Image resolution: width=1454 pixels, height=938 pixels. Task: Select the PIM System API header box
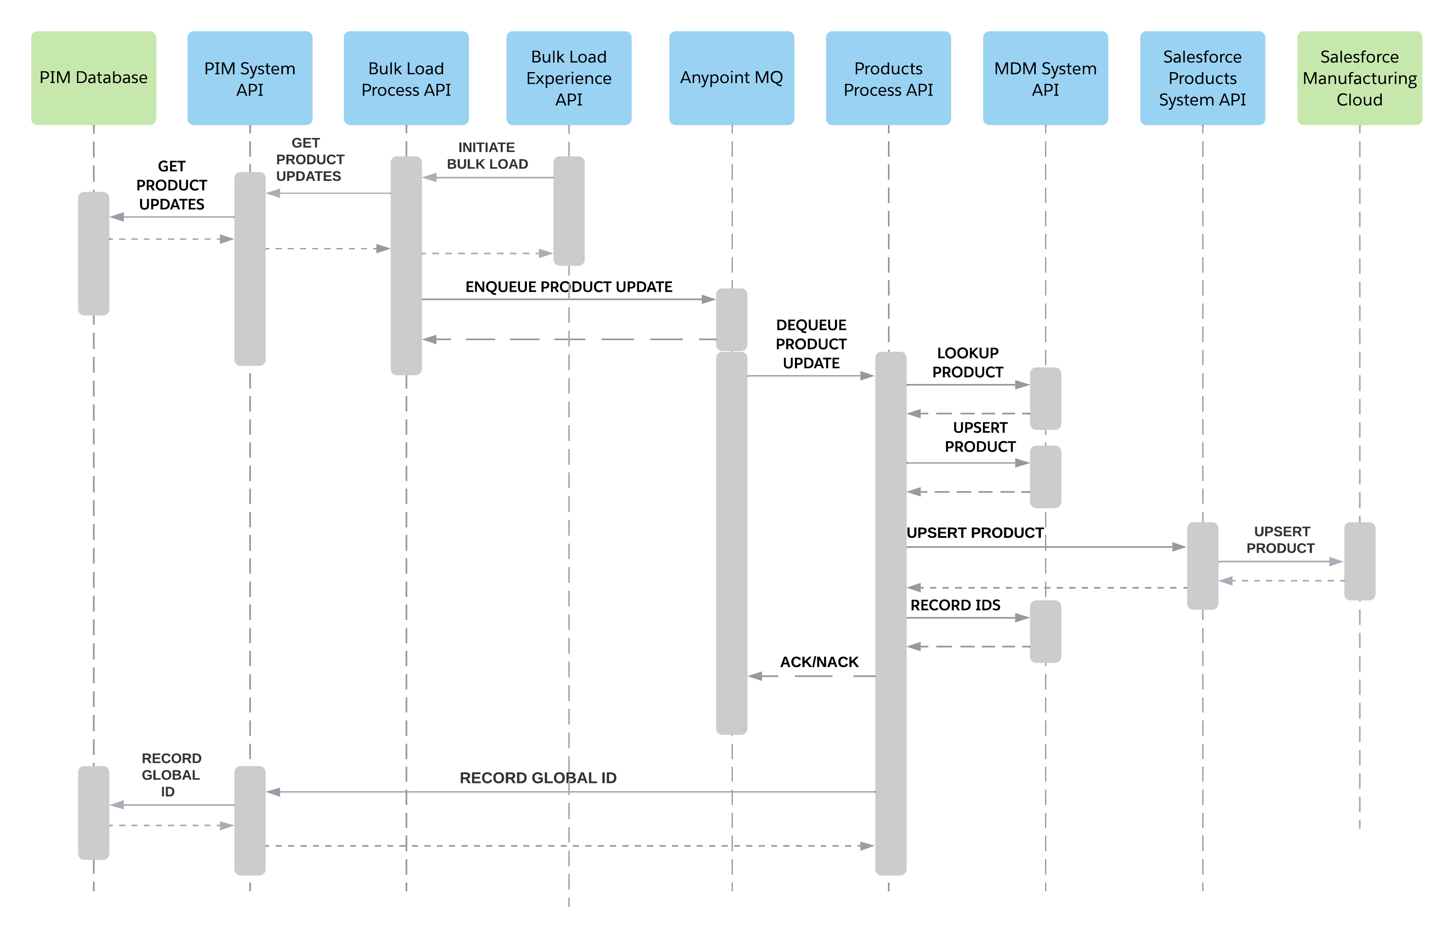click(250, 78)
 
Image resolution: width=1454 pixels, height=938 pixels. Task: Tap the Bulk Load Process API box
click(406, 78)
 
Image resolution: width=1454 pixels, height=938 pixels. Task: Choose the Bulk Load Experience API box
click(569, 78)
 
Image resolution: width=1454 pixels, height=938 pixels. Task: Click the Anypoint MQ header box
click(731, 78)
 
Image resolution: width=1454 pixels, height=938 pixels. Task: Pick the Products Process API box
click(888, 78)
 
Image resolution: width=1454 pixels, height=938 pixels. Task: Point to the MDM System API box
click(1045, 78)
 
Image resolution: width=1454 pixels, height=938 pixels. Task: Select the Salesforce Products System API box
click(1203, 78)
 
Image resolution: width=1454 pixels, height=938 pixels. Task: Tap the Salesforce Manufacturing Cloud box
click(1360, 78)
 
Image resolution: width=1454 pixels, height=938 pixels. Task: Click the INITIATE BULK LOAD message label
click(487, 156)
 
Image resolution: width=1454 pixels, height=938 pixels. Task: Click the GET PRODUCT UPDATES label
click(309, 160)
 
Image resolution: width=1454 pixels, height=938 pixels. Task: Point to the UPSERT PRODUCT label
click(1281, 539)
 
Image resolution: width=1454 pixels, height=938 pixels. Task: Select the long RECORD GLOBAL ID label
click(538, 778)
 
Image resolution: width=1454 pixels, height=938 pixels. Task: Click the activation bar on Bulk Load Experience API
click(569, 211)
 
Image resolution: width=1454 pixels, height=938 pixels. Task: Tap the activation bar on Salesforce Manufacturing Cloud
click(1360, 561)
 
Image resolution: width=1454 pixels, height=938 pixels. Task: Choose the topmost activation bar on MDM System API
click(1045, 399)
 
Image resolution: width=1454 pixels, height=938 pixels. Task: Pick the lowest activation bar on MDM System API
click(1045, 632)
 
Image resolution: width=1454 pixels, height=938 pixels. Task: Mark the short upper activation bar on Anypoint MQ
click(731, 319)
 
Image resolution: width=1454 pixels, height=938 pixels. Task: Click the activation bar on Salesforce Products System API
click(1203, 565)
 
